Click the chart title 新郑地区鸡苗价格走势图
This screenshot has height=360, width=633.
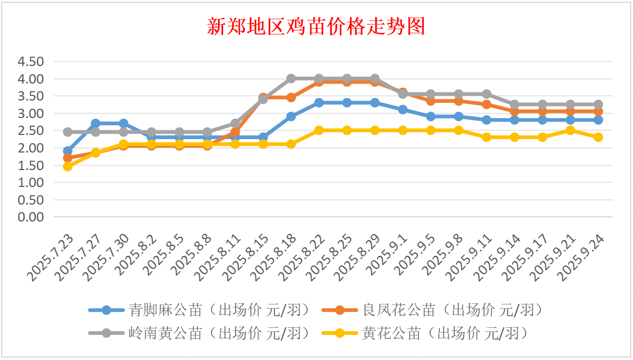316,26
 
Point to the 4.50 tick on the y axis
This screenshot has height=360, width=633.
31,61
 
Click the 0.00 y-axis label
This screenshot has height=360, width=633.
31,217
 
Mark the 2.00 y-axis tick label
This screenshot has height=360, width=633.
31,148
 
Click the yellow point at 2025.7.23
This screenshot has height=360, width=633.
68,167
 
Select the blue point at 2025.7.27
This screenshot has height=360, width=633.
96,123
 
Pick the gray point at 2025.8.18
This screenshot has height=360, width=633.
291,78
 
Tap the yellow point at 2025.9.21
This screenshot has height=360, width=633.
570,130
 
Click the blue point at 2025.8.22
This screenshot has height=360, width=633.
319,103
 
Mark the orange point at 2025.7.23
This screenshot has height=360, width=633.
68,158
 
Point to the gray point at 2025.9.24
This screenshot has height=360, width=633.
599,105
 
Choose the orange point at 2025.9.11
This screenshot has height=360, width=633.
487,105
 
